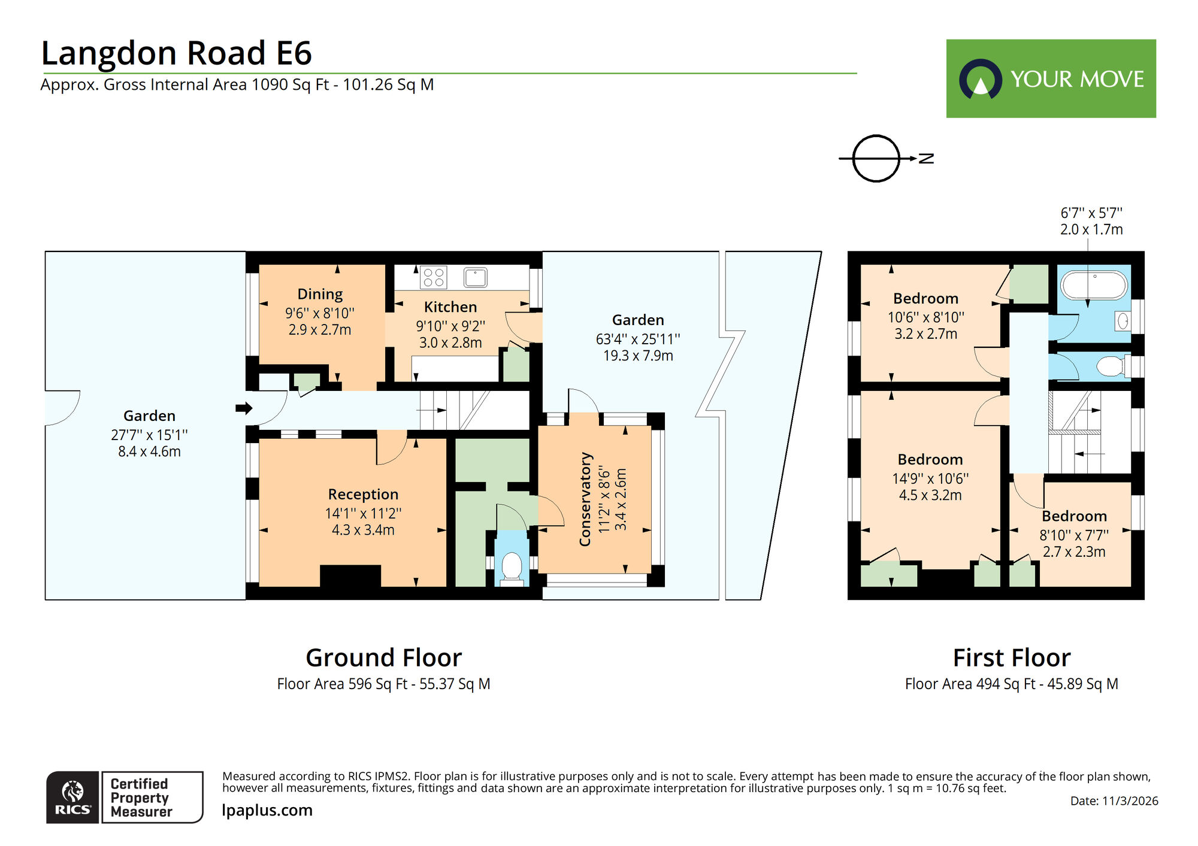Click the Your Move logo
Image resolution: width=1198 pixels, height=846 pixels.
pyautogui.click(x=1051, y=78)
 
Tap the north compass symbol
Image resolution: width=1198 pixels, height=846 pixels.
pyautogui.click(x=876, y=158)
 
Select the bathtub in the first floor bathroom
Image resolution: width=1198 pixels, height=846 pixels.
pyautogui.click(x=1094, y=286)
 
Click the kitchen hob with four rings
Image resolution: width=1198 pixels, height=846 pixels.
pyautogui.click(x=434, y=277)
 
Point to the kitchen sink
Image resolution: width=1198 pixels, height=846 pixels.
pyautogui.click(x=476, y=277)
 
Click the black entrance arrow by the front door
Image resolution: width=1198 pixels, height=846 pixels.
pyautogui.click(x=243, y=408)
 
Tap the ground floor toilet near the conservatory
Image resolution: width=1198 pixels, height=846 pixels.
pyautogui.click(x=511, y=567)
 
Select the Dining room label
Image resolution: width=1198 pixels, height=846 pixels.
pyautogui.click(x=320, y=294)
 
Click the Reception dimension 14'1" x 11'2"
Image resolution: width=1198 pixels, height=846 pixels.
pyautogui.click(x=363, y=513)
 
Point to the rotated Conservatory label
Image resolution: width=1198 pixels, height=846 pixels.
pyautogui.click(x=585, y=499)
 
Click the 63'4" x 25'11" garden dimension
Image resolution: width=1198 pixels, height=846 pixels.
pyautogui.click(x=637, y=339)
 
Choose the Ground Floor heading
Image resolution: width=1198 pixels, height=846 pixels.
pyautogui.click(x=383, y=657)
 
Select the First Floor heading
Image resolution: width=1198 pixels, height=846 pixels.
pyautogui.click(x=1011, y=657)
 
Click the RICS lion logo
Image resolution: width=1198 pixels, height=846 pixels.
pyautogui.click(x=72, y=796)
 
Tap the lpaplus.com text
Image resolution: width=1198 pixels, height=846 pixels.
pyautogui.click(x=267, y=810)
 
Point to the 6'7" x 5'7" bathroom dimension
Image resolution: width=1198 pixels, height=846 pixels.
pyautogui.click(x=1091, y=213)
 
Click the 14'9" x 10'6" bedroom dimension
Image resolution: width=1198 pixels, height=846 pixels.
pyautogui.click(x=930, y=478)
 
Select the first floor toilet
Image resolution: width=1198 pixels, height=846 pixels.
pyautogui.click(x=1111, y=366)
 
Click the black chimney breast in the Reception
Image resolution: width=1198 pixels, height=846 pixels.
pyautogui.click(x=350, y=576)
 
